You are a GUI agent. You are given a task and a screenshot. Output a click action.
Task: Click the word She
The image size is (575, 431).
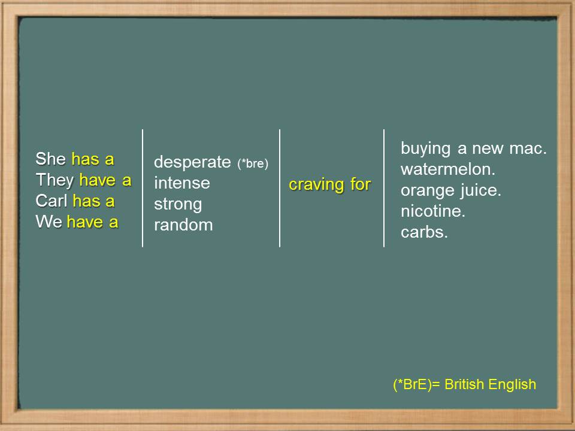pyautogui.click(x=50, y=159)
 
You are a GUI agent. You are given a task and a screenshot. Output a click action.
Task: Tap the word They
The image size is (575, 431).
pyautogui.click(x=55, y=181)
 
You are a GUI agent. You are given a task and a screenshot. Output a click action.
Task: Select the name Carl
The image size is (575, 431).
pyautogui.click(x=52, y=201)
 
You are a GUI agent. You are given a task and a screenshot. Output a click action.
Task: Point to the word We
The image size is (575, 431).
pyautogui.click(x=49, y=221)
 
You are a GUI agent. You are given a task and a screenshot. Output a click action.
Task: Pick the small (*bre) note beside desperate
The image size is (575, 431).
pyautogui.click(x=253, y=163)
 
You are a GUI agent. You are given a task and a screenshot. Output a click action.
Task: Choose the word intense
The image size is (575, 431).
pyautogui.click(x=182, y=183)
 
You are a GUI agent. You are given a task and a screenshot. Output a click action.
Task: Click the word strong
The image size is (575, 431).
pyautogui.click(x=178, y=205)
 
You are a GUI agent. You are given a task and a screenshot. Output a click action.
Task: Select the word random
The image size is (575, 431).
pyautogui.click(x=183, y=225)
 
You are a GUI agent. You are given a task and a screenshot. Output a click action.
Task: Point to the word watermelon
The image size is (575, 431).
pyautogui.click(x=448, y=169)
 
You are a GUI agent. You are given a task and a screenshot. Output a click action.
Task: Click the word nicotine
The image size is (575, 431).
pyautogui.click(x=433, y=211)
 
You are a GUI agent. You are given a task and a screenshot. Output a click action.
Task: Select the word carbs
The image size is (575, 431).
pyautogui.click(x=424, y=232)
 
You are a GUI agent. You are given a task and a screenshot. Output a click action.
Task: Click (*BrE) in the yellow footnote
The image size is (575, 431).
pyautogui.click(x=412, y=385)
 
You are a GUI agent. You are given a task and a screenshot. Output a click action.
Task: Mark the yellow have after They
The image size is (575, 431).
pyautogui.click(x=98, y=181)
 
